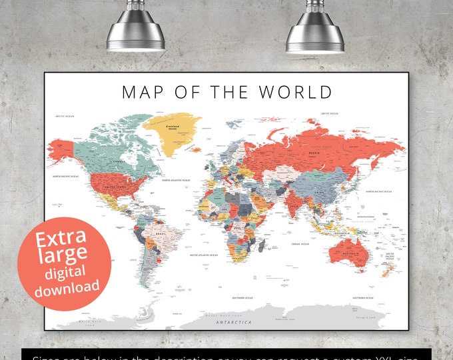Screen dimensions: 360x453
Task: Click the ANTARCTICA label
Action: [x=233, y=322]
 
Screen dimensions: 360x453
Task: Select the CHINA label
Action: [x=320, y=193]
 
